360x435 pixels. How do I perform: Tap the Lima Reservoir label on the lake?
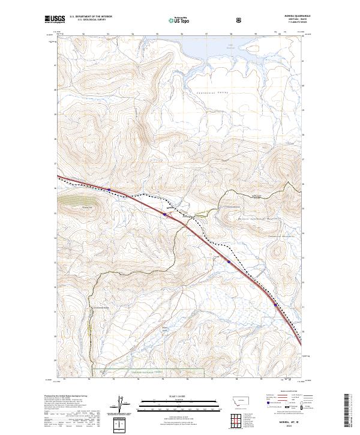[230, 44]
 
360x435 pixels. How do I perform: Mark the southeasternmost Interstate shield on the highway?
[275, 305]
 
